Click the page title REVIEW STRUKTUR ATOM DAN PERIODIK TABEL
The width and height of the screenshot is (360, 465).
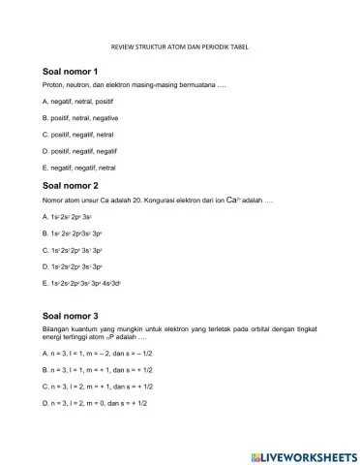click(x=179, y=45)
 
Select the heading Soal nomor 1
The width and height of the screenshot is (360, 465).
click(x=71, y=73)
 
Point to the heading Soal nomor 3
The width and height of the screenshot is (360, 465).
click(x=71, y=316)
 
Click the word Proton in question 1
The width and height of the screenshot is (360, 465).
click(x=54, y=86)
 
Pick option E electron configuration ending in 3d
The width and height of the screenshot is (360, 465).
click(x=89, y=282)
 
